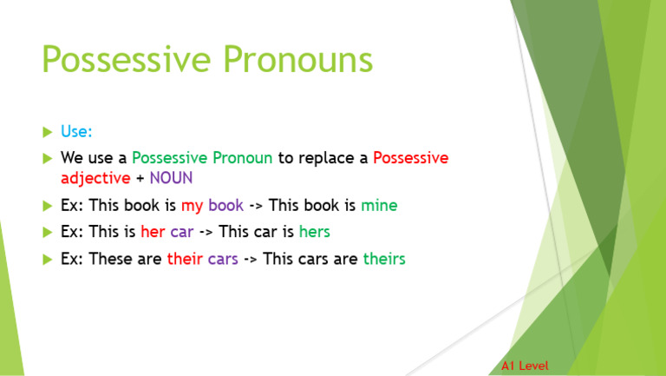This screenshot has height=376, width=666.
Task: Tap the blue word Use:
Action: (76, 132)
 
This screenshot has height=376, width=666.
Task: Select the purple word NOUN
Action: (171, 178)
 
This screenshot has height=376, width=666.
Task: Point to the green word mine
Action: (379, 206)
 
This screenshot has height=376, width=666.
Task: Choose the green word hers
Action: (314, 233)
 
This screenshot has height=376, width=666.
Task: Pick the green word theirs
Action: (384, 259)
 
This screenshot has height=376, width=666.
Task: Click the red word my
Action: (191, 206)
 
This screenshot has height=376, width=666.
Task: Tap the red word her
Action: (153, 233)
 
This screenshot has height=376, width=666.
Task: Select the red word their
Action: (185, 259)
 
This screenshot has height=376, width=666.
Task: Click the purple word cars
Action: (223, 259)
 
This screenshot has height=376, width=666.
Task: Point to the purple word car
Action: (181, 233)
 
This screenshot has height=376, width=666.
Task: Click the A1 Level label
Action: (525, 366)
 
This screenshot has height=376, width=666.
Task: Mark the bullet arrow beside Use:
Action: (47, 132)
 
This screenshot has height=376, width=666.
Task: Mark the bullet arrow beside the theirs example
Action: (47, 259)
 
